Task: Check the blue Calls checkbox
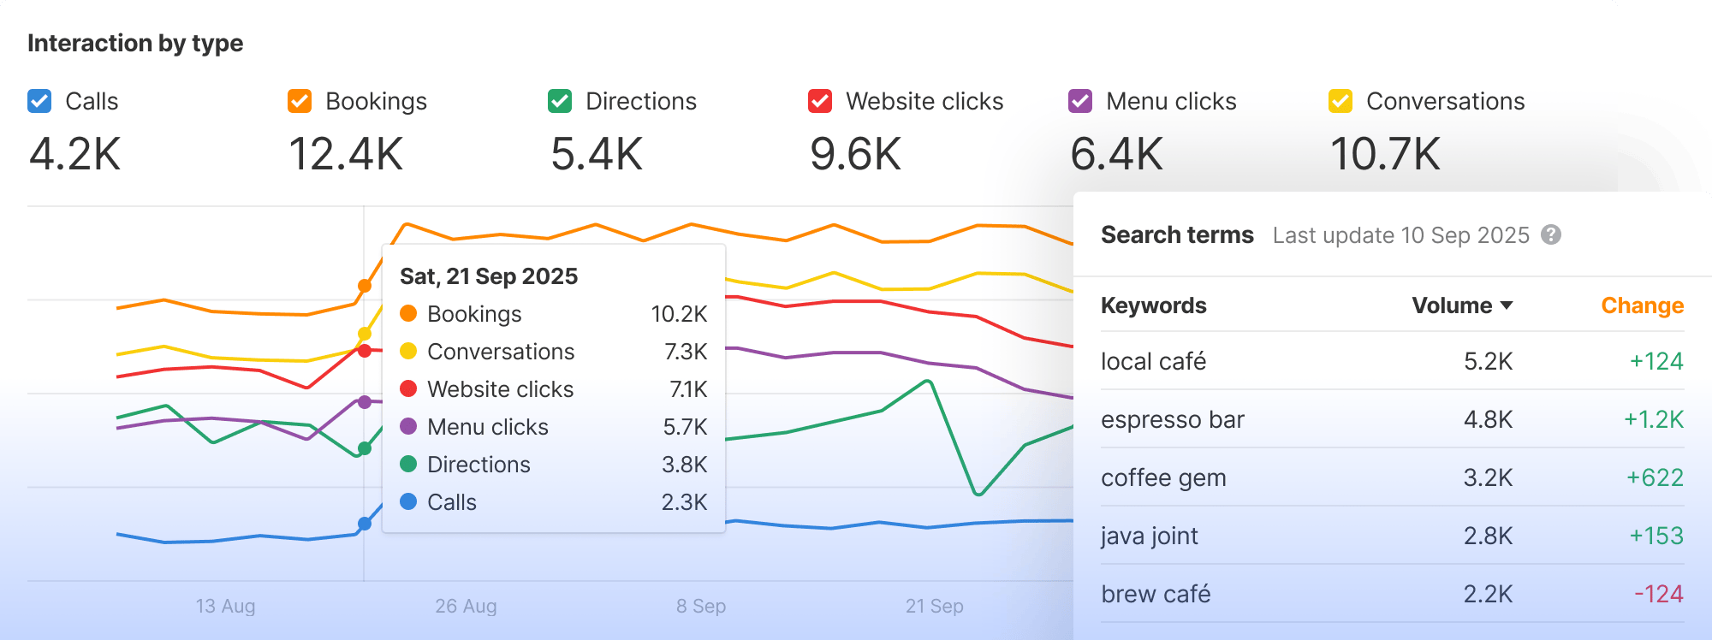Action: [x=39, y=101]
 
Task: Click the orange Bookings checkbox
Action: [x=300, y=101]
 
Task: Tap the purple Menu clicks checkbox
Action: [x=1080, y=101]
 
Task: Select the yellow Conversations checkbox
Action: [x=1340, y=101]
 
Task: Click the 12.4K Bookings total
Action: [x=346, y=155]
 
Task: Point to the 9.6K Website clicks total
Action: [x=856, y=155]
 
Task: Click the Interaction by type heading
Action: [x=135, y=43]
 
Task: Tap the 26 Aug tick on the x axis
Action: [x=466, y=606]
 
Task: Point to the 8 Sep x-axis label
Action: [x=701, y=606]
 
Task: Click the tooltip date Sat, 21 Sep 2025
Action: [x=489, y=276]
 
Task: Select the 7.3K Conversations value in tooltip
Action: [x=685, y=352]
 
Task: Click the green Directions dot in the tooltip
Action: [x=408, y=464]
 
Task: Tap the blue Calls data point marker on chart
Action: [x=365, y=524]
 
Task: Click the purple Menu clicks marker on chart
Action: [x=365, y=402]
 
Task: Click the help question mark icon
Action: [x=1551, y=234]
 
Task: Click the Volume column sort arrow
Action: [x=1507, y=305]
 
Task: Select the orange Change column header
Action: [x=1642, y=305]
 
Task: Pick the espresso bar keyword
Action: [x=1172, y=419]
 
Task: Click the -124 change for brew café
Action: [x=1658, y=594]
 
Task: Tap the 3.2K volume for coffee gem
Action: [x=1488, y=477]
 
